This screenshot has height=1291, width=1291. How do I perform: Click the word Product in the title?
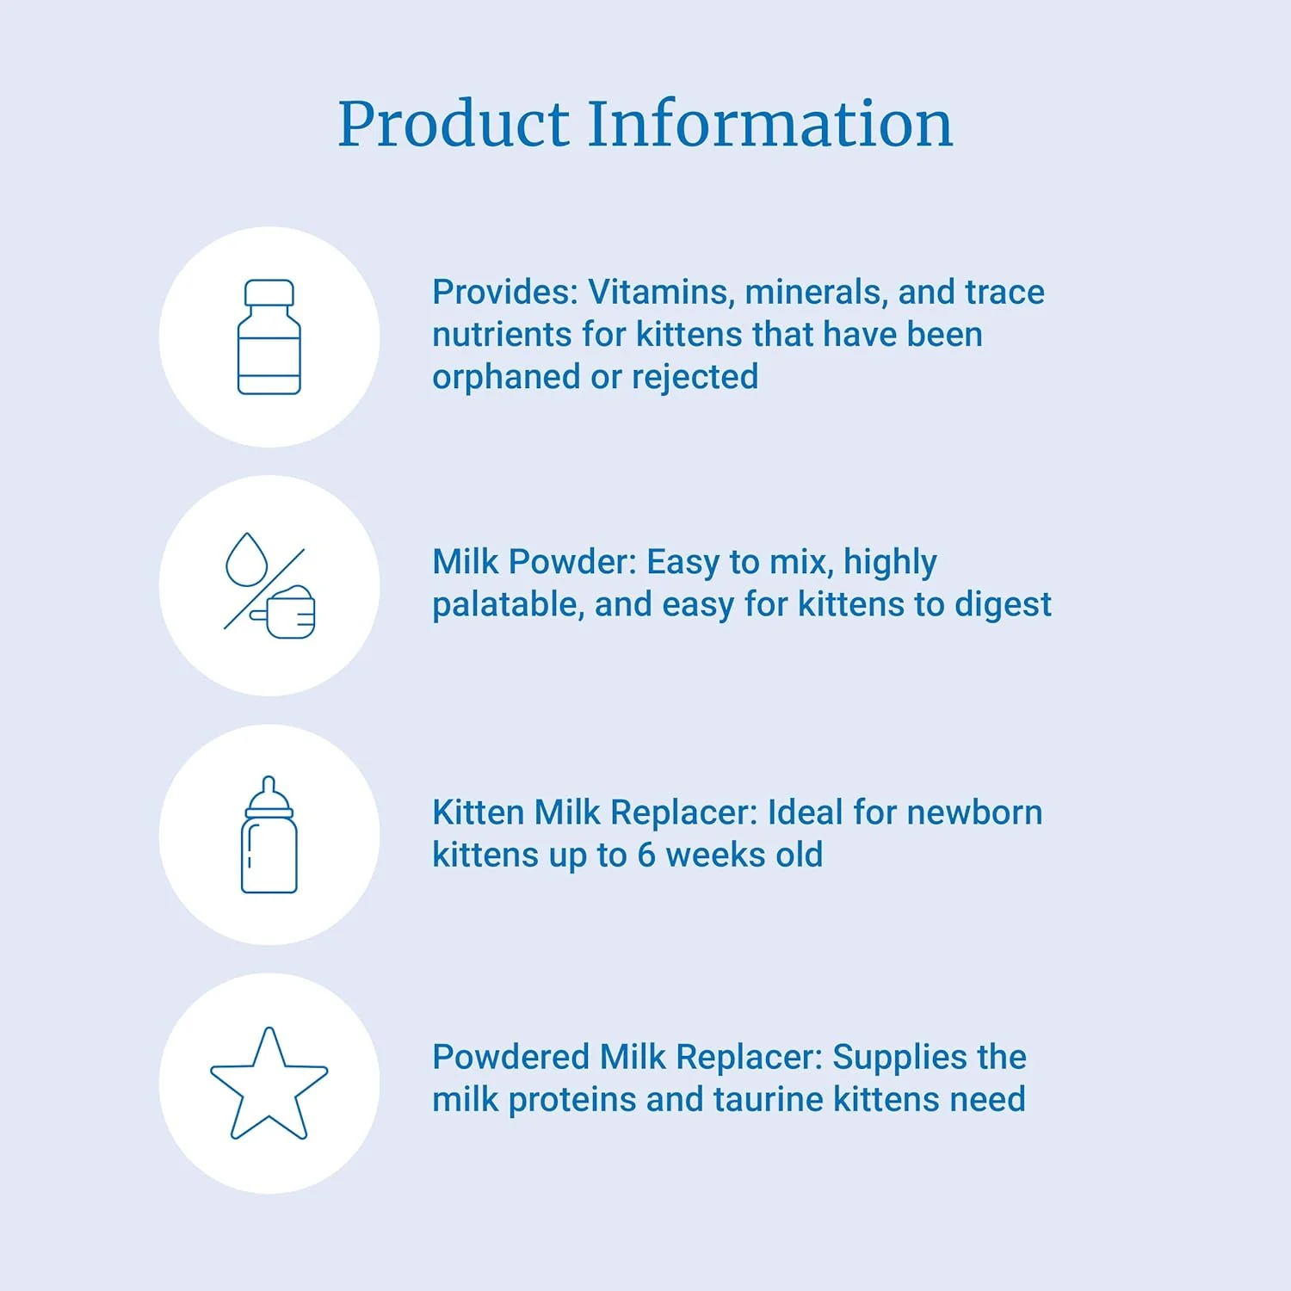(454, 125)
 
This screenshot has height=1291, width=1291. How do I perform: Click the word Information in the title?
(770, 125)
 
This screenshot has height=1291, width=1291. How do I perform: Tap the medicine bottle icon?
(269, 337)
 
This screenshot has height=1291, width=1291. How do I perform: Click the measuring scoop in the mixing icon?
(287, 612)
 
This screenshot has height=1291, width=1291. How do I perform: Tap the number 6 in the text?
(646, 856)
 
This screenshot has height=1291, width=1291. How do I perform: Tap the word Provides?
(504, 293)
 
